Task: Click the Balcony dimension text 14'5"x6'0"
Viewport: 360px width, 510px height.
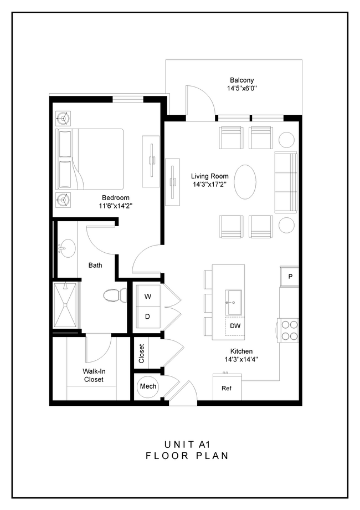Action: [x=240, y=89]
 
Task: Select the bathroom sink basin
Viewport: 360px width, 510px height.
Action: [x=65, y=248]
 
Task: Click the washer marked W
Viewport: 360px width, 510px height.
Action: [x=148, y=297]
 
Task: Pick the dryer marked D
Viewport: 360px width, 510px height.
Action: [x=148, y=317]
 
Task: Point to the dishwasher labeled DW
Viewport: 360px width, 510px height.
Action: [x=235, y=325]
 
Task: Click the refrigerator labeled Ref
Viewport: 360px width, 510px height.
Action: [x=227, y=388]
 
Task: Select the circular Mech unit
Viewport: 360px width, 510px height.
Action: [x=147, y=386]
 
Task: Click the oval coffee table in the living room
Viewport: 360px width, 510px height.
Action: [x=245, y=182]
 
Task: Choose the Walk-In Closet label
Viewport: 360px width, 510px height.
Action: [x=94, y=375]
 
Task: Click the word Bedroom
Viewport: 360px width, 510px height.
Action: [x=116, y=198]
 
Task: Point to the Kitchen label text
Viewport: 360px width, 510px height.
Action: [x=242, y=351]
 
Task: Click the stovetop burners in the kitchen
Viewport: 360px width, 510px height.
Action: [x=289, y=330]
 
